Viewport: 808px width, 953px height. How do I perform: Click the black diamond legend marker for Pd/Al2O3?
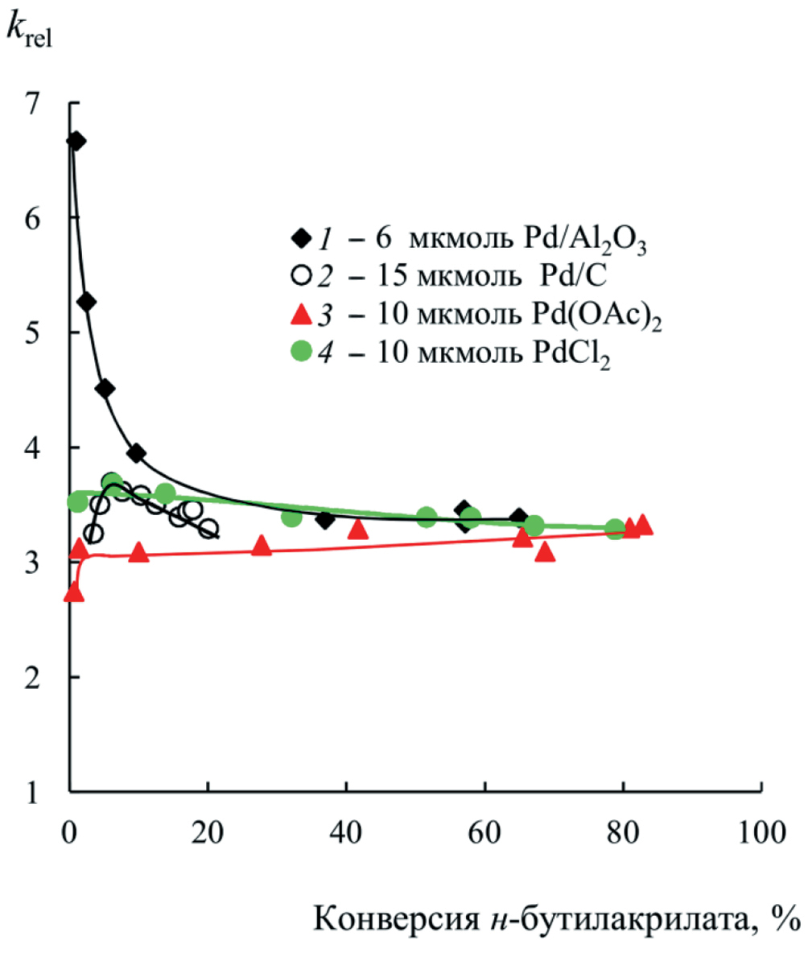[x=300, y=239]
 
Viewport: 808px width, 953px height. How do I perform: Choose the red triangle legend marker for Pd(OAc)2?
[x=300, y=315]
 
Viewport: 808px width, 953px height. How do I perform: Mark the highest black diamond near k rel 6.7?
[x=76, y=141]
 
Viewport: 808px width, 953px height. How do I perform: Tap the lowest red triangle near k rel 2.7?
[x=73, y=592]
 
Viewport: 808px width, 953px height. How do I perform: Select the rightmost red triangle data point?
[x=642, y=525]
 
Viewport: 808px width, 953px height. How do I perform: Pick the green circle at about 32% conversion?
[x=292, y=517]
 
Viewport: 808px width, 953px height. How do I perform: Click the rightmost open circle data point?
[x=208, y=529]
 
